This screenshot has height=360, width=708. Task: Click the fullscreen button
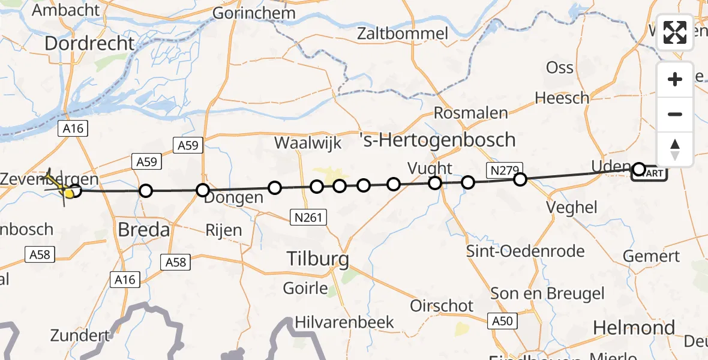[x=675, y=32]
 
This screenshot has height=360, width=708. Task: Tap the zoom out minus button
[x=675, y=114]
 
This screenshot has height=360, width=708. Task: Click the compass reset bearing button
[x=675, y=149]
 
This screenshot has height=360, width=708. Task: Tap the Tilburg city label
[x=317, y=259]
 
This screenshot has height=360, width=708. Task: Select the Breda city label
[x=143, y=229]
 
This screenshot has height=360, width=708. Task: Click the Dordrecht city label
[x=89, y=43]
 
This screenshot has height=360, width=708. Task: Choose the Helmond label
[x=634, y=328]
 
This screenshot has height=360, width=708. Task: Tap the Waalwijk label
[x=308, y=143]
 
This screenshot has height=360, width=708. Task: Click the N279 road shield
[x=505, y=170]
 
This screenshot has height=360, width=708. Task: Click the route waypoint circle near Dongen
[x=203, y=191]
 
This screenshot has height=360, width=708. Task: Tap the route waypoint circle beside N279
[x=520, y=179]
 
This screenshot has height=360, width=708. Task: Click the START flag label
[x=649, y=174]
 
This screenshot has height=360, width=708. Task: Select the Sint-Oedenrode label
[x=526, y=251]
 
